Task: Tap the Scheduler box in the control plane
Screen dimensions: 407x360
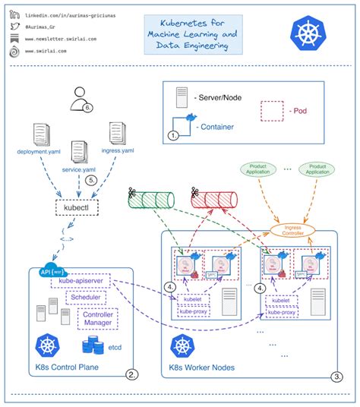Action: pyautogui.click(x=99, y=298)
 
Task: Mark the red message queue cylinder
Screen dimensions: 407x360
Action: pyautogui.click(x=217, y=199)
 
